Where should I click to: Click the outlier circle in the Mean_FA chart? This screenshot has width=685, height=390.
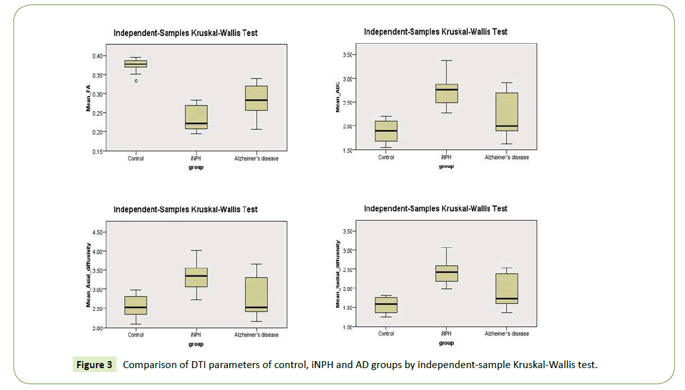point(136,81)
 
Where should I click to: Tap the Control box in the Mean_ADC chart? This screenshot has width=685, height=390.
point(386,131)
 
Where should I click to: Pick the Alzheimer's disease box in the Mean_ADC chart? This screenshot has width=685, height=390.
point(507,112)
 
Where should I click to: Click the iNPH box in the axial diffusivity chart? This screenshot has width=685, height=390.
point(196,277)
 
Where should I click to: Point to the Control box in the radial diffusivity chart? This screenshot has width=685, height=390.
point(386,304)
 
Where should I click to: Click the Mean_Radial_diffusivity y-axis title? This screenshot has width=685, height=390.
point(338,274)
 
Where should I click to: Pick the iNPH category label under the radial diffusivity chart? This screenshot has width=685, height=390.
point(446,333)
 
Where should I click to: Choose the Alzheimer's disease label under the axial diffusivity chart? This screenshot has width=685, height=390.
point(256,335)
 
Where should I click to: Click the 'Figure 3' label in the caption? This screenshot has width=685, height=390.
point(95,365)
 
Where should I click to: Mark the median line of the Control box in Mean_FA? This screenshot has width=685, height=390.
point(136,64)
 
